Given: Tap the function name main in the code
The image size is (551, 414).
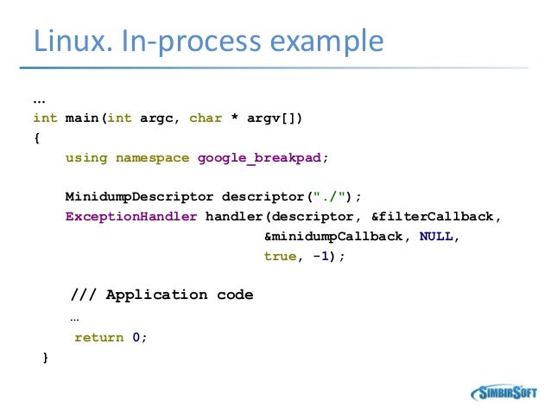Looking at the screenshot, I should coord(83,118).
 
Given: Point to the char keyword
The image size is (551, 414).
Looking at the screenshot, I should coord(206,118).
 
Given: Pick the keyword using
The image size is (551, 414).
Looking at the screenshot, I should coord(86,157).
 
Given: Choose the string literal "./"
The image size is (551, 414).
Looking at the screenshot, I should coord(325,196).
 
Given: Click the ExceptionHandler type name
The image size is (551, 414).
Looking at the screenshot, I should coord(131,216).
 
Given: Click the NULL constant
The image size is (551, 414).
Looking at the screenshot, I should coord(436,236).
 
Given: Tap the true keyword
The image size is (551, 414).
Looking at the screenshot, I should coord(280,256).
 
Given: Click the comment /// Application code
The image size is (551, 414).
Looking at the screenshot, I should coord(161,295).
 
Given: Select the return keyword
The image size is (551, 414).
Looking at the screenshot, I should coord(98,338).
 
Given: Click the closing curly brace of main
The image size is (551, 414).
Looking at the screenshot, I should coord(45,357).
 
